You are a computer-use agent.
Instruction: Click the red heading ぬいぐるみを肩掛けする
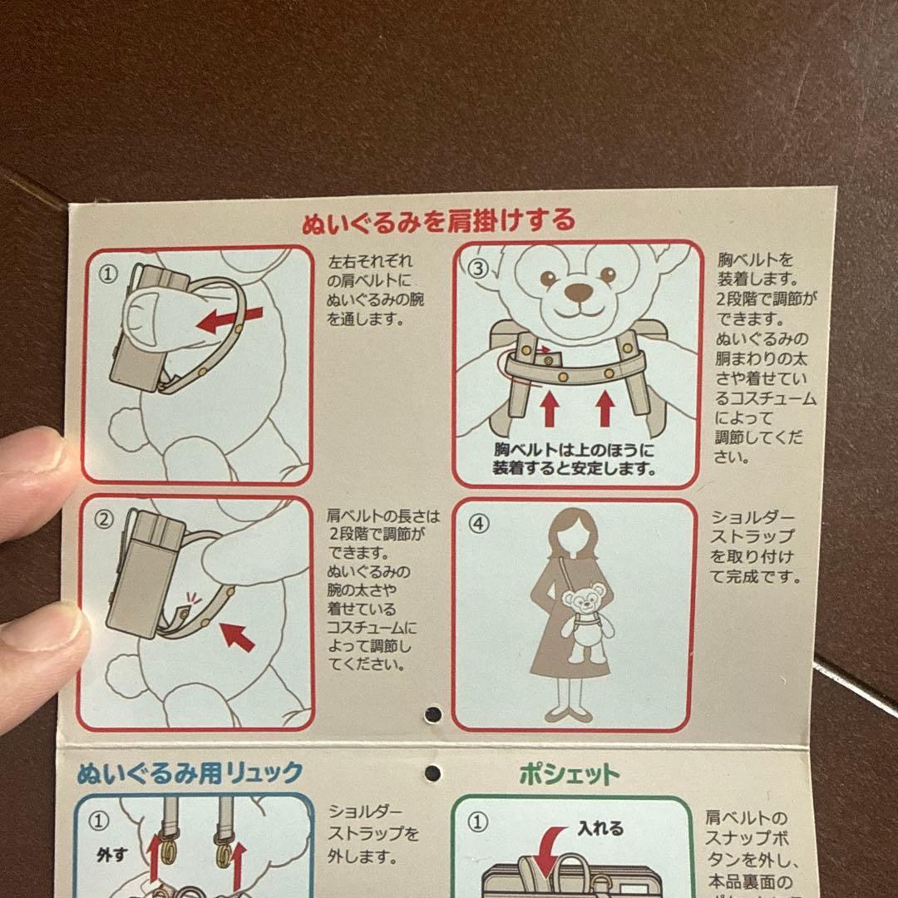tap(438, 220)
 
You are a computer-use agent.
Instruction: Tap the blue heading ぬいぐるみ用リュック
tap(190, 772)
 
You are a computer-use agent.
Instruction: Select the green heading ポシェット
tap(570, 774)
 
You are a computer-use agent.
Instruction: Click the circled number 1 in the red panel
tap(108, 274)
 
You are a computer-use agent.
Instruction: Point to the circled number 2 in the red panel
tap(104, 519)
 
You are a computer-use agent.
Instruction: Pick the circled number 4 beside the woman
tap(479, 524)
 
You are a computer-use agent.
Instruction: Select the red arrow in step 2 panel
tap(237, 637)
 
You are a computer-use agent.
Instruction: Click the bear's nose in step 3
tap(579, 292)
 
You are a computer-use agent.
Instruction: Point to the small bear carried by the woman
tap(586, 623)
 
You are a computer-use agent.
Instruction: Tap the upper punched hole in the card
tap(433, 713)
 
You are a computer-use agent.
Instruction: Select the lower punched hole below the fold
tap(433, 773)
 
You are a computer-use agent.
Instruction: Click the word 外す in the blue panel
tap(111, 855)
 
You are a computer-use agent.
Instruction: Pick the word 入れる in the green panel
tap(600, 828)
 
